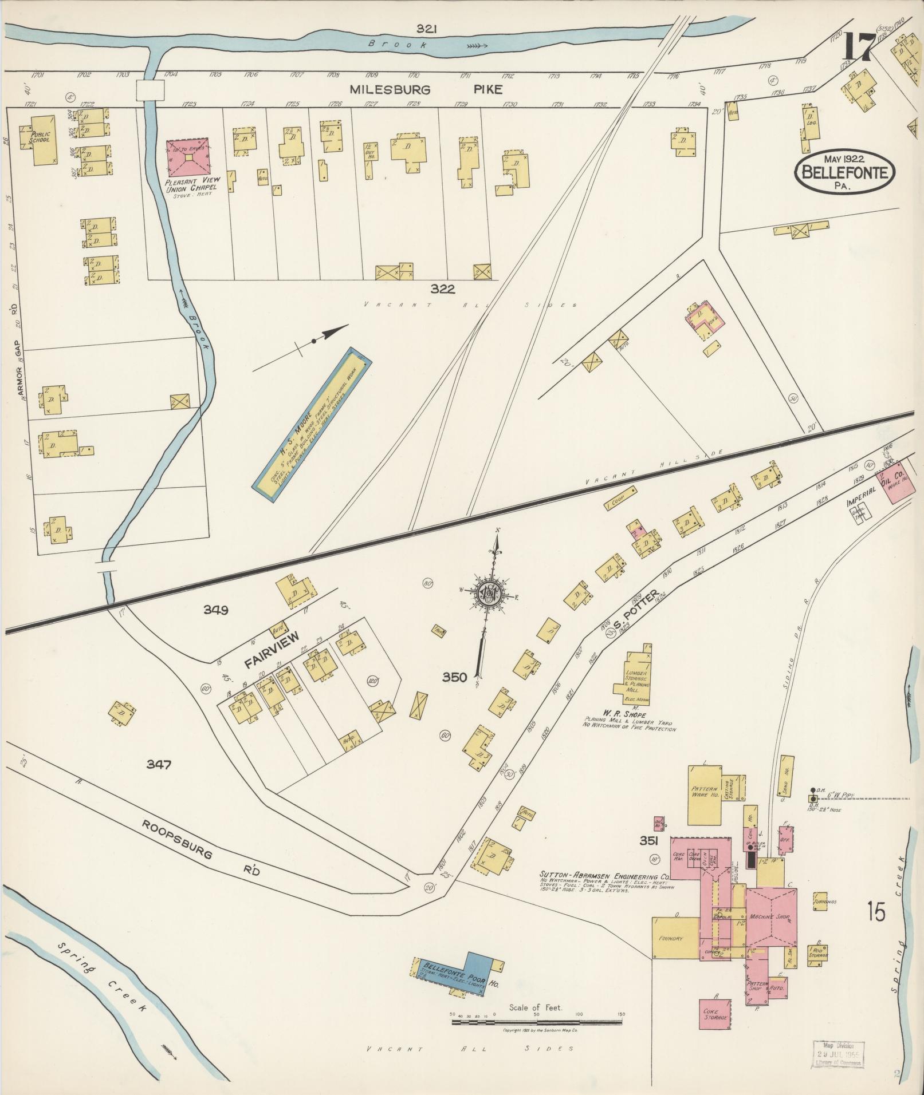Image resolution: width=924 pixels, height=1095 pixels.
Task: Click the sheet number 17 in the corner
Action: (x=858, y=48)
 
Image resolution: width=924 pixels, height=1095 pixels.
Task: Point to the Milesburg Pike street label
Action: (x=426, y=89)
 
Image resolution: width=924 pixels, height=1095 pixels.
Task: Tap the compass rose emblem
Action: (x=490, y=596)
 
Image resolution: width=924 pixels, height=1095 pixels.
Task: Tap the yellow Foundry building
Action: (x=675, y=938)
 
